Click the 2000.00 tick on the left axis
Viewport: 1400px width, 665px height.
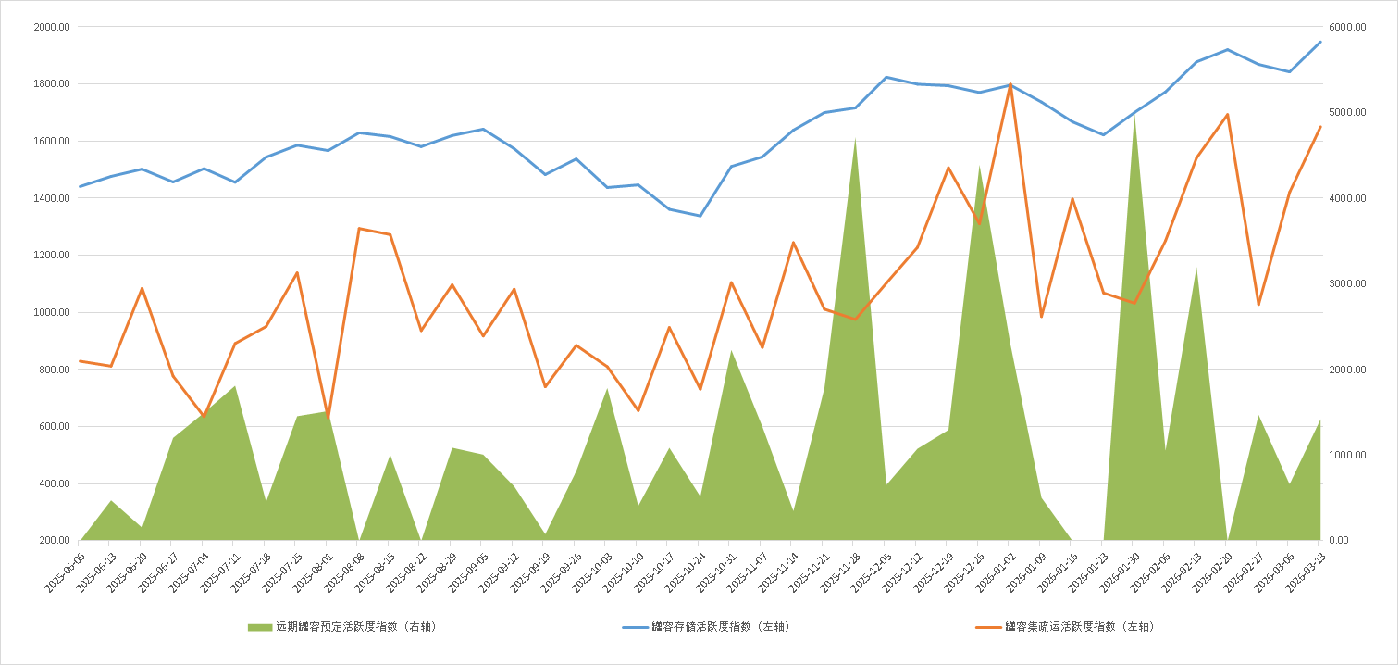(51, 27)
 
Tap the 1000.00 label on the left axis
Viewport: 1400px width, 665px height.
(51, 312)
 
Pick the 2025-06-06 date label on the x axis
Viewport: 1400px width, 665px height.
(66, 567)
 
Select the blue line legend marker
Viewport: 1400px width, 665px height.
(635, 627)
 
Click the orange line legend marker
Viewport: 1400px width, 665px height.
(989, 627)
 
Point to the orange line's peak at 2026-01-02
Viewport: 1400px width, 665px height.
(1010, 84)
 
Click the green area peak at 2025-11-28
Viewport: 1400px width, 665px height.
(855, 139)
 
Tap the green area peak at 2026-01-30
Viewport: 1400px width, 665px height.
(1134, 116)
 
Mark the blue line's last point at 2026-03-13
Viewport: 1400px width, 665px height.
(1320, 42)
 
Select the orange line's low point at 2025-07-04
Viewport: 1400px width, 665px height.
(204, 417)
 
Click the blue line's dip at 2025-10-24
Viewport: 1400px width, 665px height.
(700, 216)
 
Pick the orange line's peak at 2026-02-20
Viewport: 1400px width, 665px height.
(1227, 115)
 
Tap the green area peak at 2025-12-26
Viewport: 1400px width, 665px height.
(979, 167)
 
